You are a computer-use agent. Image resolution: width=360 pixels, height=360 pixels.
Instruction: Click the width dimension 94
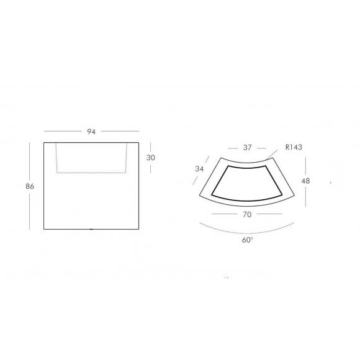(x=91, y=132)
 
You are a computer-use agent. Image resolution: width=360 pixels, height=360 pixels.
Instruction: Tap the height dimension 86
(x=30, y=186)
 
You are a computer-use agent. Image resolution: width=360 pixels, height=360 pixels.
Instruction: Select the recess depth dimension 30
(x=151, y=158)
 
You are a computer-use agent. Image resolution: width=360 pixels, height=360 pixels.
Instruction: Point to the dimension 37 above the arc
(x=247, y=148)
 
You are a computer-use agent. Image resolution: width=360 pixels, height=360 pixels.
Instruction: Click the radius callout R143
(x=294, y=147)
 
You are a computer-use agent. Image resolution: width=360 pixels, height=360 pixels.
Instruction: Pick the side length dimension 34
(x=199, y=169)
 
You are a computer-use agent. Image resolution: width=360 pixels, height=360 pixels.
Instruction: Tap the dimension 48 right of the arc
(x=305, y=181)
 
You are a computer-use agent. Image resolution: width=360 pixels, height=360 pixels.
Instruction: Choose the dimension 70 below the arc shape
(x=247, y=215)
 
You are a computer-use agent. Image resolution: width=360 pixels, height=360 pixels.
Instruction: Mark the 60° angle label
(x=248, y=240)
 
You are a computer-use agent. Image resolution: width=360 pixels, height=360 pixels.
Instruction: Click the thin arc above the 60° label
(x=247, y=233)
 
